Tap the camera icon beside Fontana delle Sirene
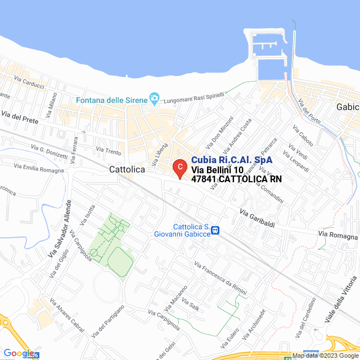(x=154, y=99)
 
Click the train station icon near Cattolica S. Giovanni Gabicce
(x=215, y=230)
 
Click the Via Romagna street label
(x=337, y=235)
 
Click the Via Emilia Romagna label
(x=39, y=166)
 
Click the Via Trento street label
(x=109, y=150)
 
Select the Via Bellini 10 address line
(x=217, y=170)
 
